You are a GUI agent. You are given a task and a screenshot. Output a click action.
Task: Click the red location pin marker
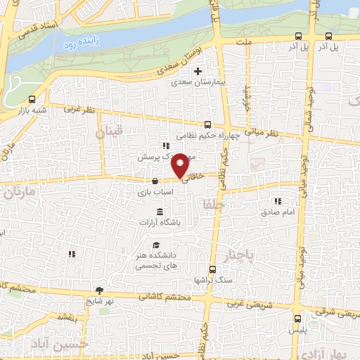tap(181, 165)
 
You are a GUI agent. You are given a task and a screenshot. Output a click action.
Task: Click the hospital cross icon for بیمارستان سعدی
tap(199, 71)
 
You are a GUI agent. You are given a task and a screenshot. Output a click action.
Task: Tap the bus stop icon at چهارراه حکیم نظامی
tap(207, 124)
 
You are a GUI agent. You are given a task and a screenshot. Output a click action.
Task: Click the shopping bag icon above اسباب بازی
tap(154, 181)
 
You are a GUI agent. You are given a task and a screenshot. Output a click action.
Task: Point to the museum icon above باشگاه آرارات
tap(160, 212)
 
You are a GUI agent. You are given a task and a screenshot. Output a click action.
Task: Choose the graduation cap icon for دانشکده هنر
tap(155, 245)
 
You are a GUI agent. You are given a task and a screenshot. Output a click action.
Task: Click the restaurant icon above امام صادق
tap(278, 200)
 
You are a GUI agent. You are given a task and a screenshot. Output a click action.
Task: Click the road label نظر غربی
tap(79, 109)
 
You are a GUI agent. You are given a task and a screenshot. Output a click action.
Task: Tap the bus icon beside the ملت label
tap(298, 36)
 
